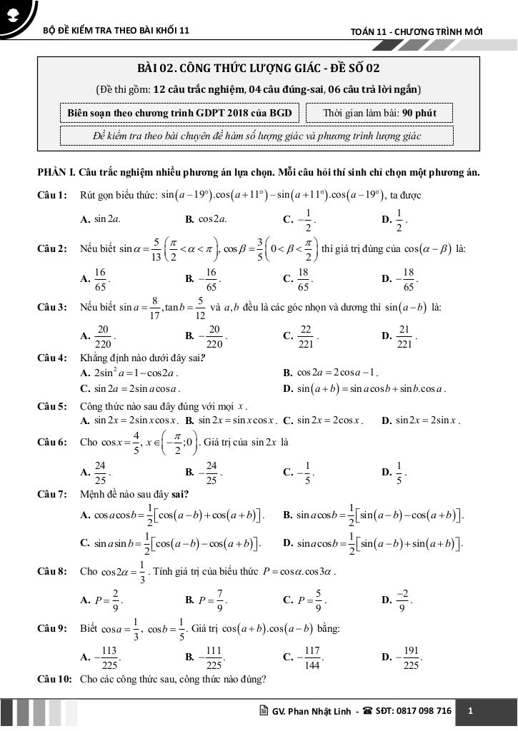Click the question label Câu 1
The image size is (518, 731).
53,195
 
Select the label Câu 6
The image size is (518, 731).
53,442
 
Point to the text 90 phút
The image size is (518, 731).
419,113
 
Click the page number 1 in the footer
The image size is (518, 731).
470,711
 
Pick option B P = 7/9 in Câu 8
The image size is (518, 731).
206,600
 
